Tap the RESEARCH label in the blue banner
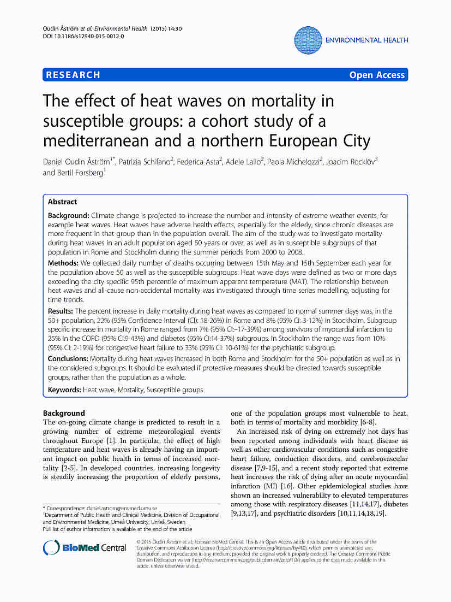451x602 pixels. coord(74,75)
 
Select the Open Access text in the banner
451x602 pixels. coord(377,75)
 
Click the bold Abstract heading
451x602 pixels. coord(63,202)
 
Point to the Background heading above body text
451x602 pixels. coord(64,413)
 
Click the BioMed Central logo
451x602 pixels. coord(85,548)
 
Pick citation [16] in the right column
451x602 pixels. coord(289,486)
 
